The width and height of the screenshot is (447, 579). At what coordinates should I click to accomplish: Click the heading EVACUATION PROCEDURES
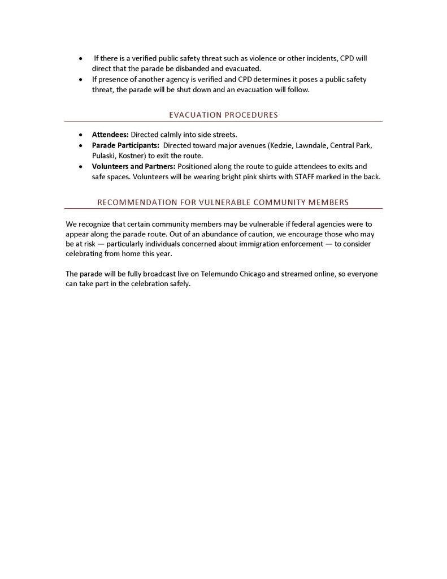[x=223, y=115]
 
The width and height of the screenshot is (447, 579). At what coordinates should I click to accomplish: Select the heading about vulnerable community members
[x=223, y=202]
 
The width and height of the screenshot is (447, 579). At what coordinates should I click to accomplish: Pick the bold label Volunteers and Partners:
[x=134, y=166]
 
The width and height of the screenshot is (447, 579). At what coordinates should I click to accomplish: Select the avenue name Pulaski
[x=103, y=155]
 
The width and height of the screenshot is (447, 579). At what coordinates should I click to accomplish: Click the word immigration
[x=255, y=244]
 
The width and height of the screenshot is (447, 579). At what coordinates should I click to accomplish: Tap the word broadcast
[x=149, y=274]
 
